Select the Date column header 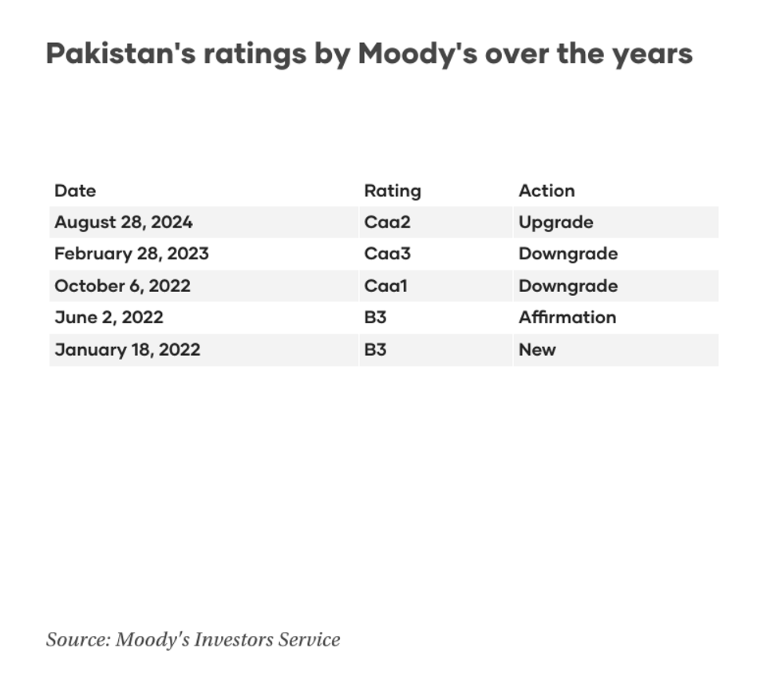click(x=75, y=191)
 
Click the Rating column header click(x=392, y=191)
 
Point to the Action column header click(x=547, y=191)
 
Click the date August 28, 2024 click(x=124, y=222)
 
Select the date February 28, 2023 click(x=132, y=254)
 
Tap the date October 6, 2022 click(x=122, y=286)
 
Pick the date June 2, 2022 click(x=109, y=318)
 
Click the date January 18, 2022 click(x=127, y=349)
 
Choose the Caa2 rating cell click(x=387, y=222)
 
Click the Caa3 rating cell click(x=387, y=254)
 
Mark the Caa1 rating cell click(x=385, y=286)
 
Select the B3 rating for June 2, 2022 click(x=375, y=318)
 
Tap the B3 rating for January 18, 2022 click(x=375, y=349)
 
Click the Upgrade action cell click(x=555, y=222)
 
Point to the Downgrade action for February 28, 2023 click(x=568, y=254)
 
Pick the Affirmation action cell click(x=567, y=318)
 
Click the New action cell click(x=537, y=349)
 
